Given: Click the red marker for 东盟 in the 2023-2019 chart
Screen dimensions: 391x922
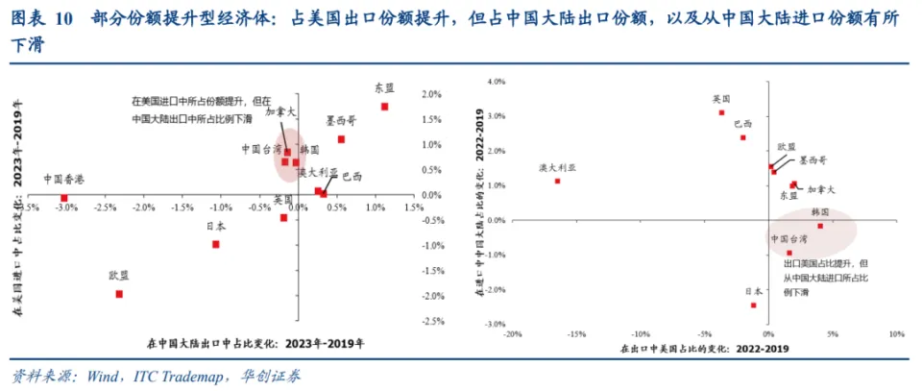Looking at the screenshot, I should pyautogui.click(x=384, y=107).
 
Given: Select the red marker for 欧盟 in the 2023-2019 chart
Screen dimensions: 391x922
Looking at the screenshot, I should pyautogui.click(x=119, y=294).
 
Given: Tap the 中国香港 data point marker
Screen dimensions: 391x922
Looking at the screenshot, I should pyautogui.click(x=64, y=198).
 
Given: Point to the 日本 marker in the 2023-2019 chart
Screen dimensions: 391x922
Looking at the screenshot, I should pyautogui.click(x=216, y=244).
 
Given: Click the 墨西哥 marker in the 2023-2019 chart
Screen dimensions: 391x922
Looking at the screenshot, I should pyautogui.click(x=341, y=139).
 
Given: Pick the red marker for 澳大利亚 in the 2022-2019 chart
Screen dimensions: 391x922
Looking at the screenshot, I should pyautogui.click(x=557, y=181).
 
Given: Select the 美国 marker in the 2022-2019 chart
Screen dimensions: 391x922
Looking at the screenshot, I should pyautogui.click(x=721, y=112).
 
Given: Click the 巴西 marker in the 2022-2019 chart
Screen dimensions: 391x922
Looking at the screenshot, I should pyautogui.click(x=742, y=137).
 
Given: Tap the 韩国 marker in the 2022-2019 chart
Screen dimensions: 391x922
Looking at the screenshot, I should pyautogui.click(x=820, y=226).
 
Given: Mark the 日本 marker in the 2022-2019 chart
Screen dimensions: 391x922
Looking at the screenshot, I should pyautogui.click(x=753, y=305).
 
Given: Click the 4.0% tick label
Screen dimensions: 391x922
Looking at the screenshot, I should pyautogui.click(x=496, y=82).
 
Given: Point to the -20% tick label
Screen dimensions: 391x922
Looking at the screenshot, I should pyautogui.click(x=512, y=334).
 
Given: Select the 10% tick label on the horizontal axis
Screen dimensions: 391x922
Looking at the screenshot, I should pyautogui.click(x=896, y=334).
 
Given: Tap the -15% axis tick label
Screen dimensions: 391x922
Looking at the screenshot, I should pyautogui.click(x=576, y=334).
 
